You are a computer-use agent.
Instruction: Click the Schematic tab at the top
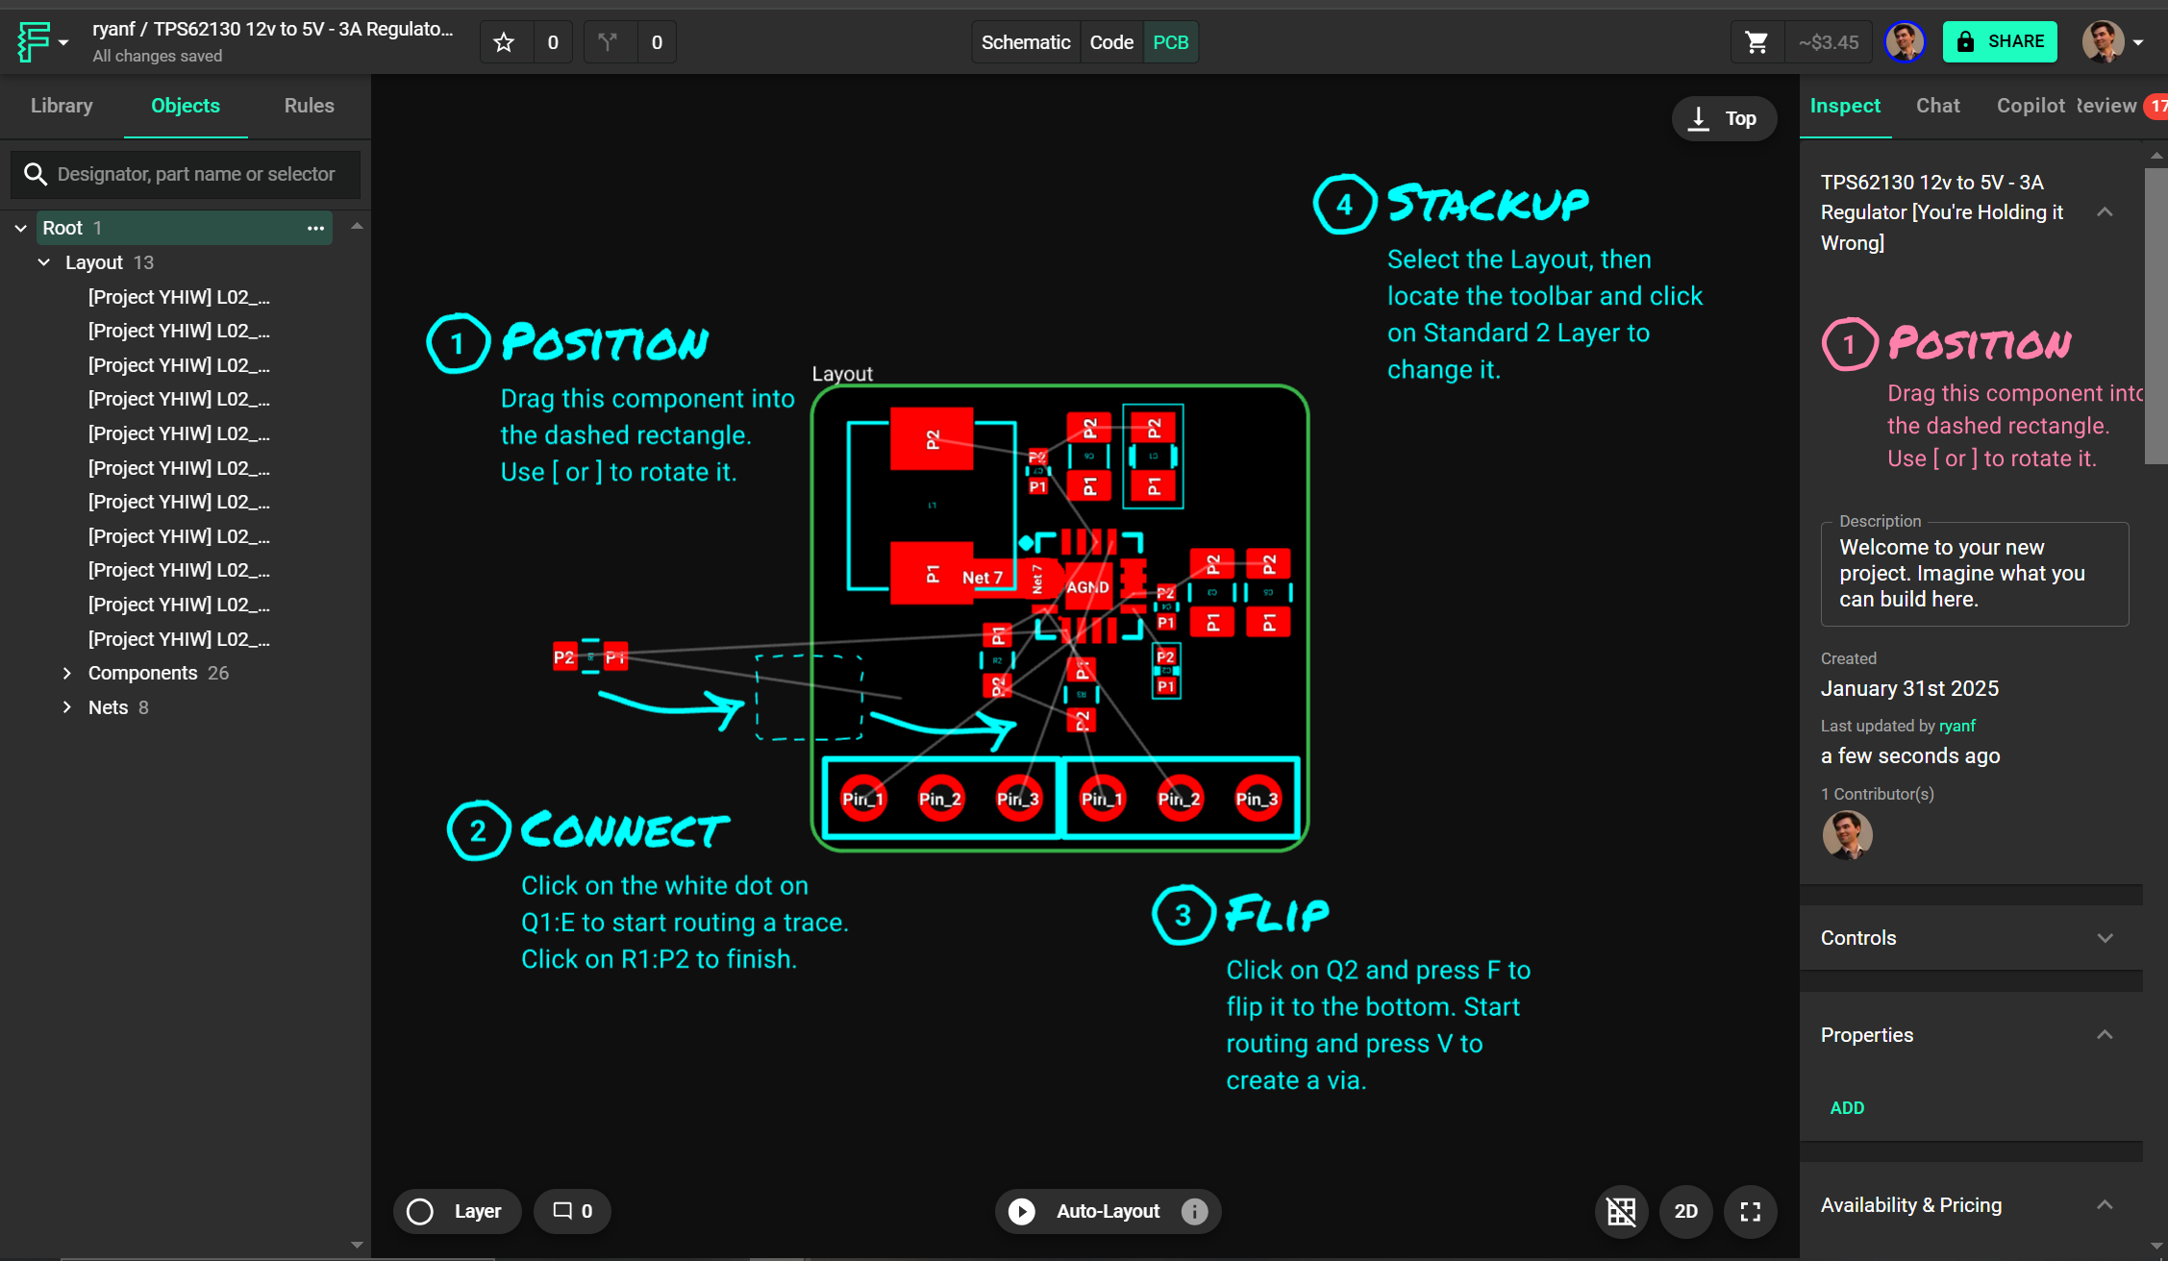pyautogui.click(x=1025, y=42)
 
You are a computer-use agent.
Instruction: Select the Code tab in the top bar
pyautogui.click(x=1111, y=42)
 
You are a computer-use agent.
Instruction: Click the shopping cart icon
pyautogui.click(x=1757, y=42)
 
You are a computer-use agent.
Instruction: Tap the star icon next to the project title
pyautogui.click(x=504, y=42)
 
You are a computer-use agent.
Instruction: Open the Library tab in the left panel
pyautogui.click(x=62, y=106)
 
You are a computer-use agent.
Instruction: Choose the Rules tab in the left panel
pyautogui.click(x=309, y=106)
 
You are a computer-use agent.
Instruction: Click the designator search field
pyautogui.click(x=196, y=174)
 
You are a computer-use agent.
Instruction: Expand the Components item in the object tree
pyautogui.click(x=66, y=673)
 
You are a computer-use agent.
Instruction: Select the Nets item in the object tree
pyautogui.click(x=108, y=707)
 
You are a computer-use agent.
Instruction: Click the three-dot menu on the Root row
pyautogui.click(x=315, y=228)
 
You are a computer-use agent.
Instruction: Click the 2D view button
pyautogui.click(x=1685, y=1211)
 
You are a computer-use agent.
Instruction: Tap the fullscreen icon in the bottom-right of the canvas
pyautogui.click(x=1750, y=1211)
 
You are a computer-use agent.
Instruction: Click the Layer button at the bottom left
pyautogui.click(x=457, y=1211)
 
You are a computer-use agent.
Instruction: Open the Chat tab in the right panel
pyautogui.click(x=1937, y=106)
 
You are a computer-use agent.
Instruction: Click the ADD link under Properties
pyautogui.click(x=1847, y=1108)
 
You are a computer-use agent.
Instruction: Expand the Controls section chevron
pyautogui.click(x=2105, y=938)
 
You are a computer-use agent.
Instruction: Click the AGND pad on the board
pyautogui.click(x=1087, y=587)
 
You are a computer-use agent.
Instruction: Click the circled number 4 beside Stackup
pyautogui.click(x=1344, y=204)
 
